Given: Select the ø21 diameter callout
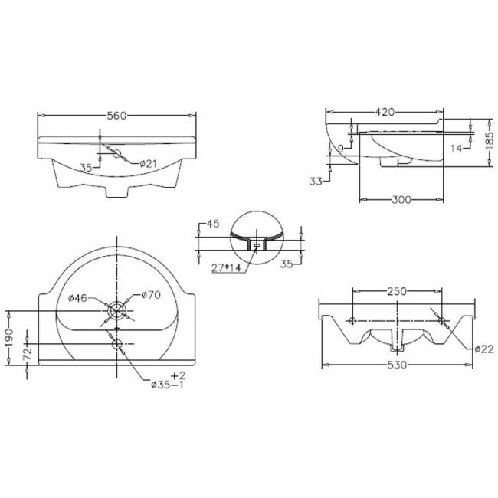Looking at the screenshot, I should pyautogui.click(x=149, y=163).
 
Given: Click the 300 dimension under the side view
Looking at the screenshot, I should pyautogui.click(x=401, y=200).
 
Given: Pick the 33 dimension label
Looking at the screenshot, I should pyautogui.click(x=315, y=181).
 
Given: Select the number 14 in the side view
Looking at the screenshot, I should pyautogui.click(x=457, y=149).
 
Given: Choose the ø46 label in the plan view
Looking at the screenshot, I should pyautogui.click(x=80, y=297).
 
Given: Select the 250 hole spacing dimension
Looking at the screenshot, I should pyautogui.click(x=395, y=292).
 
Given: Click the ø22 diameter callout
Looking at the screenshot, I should pyautogui.click(x=482, y=349).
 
